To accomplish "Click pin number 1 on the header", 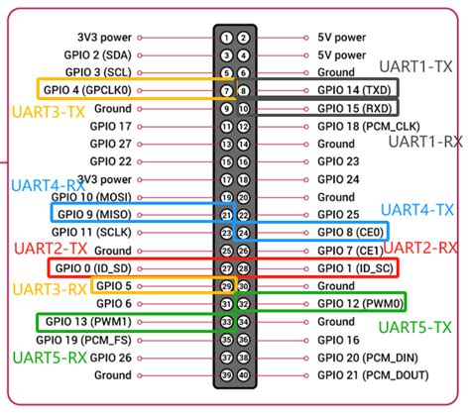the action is [226, 38].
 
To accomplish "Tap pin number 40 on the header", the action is [244, 375].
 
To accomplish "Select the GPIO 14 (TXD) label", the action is [354, 90].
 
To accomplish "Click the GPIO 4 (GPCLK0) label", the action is [87, 90].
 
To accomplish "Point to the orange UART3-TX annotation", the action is [49, 112].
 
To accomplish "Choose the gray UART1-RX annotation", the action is [425, 142].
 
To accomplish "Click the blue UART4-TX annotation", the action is [417, 210].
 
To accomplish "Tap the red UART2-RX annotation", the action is [420, 248].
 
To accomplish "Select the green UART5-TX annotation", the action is [414, 328].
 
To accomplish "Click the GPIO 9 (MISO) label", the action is [94, 215].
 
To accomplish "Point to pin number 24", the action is [244, 233].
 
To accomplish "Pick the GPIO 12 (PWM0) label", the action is [361, 304].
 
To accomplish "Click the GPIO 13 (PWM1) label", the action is [88, 322].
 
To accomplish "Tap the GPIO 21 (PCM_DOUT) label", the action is [373, 375].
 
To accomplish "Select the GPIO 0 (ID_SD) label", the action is [93, 268].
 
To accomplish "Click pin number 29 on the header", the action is [226, 286].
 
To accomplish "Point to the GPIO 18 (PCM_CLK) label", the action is [369, 126].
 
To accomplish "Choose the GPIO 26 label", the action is [111, 358].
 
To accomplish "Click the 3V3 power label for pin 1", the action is [104, 38].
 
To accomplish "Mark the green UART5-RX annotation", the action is [50, 358].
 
